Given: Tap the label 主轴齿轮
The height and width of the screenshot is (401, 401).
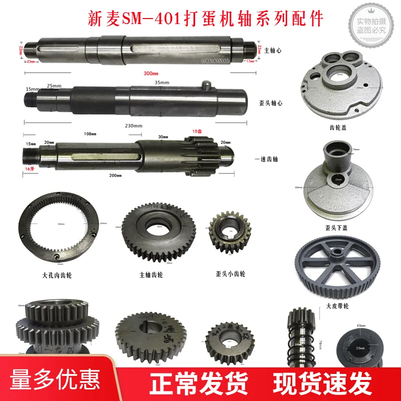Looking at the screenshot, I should [x=151, y=275].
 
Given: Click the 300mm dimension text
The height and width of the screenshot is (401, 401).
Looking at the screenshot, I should [x=150, y=73].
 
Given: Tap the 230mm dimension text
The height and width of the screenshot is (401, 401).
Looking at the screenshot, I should [x=134, y=125].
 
